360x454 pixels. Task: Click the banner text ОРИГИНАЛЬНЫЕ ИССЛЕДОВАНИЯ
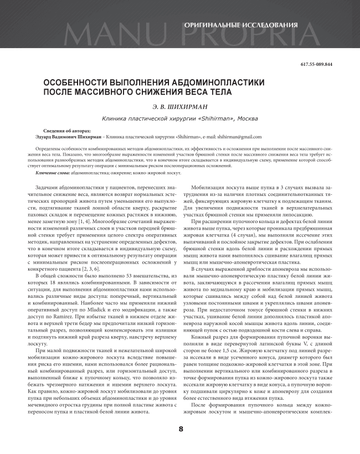point(241,25)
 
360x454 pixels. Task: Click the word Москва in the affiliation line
point(248,118)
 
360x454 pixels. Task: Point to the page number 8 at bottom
point(180,429)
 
